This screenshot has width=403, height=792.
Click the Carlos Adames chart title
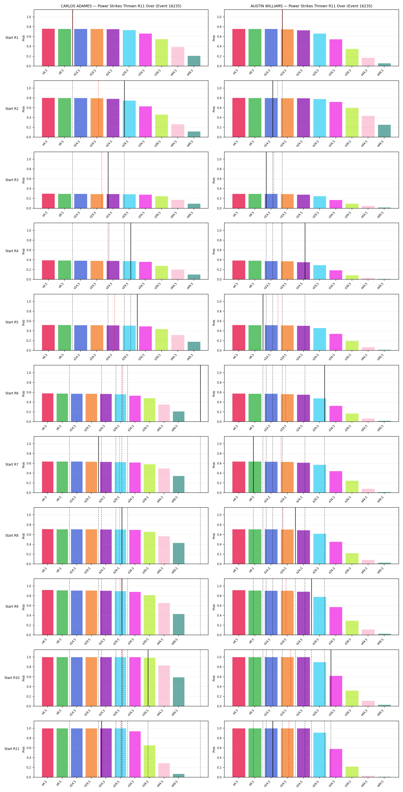coord(121,6)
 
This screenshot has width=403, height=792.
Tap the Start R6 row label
coord(12,393)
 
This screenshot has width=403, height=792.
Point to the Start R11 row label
coord(12,749)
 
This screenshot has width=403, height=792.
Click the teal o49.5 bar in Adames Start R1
coord(194,61)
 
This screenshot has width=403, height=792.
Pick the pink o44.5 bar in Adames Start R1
coord(178,57)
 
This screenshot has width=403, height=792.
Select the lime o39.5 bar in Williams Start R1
coord(352,57)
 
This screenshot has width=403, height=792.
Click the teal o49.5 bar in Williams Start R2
coord(384,131)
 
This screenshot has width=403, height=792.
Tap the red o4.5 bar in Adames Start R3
coord(48,201)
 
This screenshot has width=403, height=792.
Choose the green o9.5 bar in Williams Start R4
coord(255,270)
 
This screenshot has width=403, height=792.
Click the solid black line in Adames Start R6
coord(200,393)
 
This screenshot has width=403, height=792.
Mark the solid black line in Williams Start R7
coord(253,464)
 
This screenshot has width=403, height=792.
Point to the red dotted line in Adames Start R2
coord(98,109)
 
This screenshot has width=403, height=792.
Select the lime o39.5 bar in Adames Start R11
coord(149,761)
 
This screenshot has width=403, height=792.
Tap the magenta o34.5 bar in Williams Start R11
coord(336,763)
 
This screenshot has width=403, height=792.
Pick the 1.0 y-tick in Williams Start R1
coord(219,17)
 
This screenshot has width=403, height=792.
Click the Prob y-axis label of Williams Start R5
coord(214,322)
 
